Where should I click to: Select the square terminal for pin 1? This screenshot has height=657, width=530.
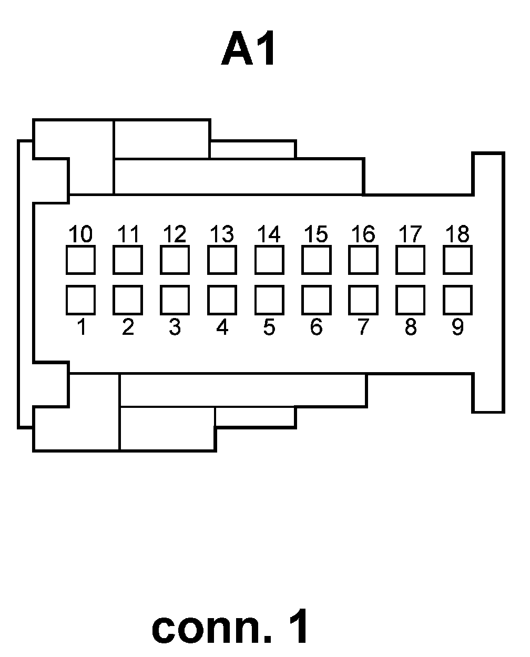(80, 300)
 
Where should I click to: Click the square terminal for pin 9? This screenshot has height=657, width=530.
(457, 300)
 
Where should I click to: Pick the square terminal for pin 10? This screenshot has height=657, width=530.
(80, 260)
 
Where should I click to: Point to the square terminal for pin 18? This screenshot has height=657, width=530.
(457, 260)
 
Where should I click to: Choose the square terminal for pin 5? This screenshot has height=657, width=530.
(269, 300)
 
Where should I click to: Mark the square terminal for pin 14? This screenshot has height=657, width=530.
(269, 260)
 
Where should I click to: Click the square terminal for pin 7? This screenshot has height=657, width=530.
(363, 300)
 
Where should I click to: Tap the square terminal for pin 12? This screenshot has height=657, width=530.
(175, 260)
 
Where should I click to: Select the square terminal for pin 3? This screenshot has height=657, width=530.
(175, 300)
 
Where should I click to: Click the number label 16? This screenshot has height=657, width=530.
(363, 234)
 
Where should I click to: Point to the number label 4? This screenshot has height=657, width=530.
(222, 327)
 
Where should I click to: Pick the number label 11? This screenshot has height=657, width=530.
(127, 234)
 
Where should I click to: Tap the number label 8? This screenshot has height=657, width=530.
(411, 327)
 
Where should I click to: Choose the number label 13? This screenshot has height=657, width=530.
(221, 234)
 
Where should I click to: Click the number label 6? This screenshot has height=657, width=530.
(316, 327)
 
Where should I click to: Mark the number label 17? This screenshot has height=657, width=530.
(410, 234)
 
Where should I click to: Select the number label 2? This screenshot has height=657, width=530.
(128, 327)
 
